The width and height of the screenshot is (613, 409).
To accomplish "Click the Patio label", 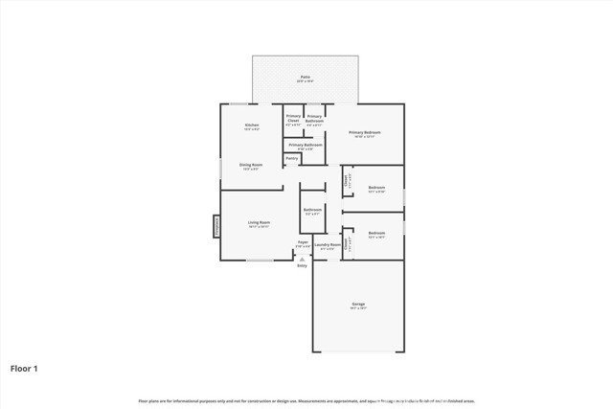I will [x=305, y=77].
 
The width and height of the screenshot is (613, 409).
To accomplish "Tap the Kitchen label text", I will [x=252, y=125].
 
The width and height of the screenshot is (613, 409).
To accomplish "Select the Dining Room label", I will [x=252, y=165].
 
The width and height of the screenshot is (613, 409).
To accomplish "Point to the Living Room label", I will [x=259, y=222].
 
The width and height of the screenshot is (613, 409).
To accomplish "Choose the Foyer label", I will [x=303, y=242].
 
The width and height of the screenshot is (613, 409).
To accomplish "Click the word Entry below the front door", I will [x=303, y=265].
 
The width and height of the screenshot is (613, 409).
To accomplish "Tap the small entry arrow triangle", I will [x=303, y=258].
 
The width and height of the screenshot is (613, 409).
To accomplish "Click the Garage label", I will [x=357, y=304].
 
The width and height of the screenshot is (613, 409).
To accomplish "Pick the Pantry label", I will [x=291, y=158].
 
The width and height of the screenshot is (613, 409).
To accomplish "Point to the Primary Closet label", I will [x=293, y=118].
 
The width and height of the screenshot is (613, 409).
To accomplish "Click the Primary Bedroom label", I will [x=364, y=132].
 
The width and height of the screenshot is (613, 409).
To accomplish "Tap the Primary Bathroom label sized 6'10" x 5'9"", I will [x=305, y=145].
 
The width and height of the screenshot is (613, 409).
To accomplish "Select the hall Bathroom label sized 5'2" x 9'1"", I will [x=312, y=209].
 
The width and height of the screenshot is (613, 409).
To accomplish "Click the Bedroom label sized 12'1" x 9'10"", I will [x=376, y=187].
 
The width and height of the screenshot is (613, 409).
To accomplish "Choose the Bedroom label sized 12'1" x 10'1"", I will [x=376, y=233].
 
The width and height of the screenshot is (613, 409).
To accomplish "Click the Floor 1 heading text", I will [x=25, y=367].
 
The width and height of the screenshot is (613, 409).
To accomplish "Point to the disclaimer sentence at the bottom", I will [x=306, y=400].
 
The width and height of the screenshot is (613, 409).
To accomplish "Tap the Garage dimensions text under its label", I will [x=357, y=308].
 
